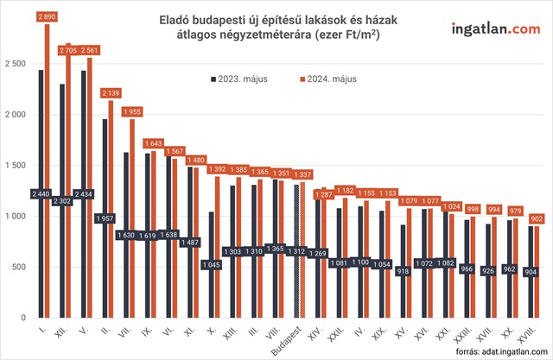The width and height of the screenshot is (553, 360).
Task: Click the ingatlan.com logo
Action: pyautogui.click(x=494, y=30)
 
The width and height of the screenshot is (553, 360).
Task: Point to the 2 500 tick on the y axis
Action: pyautogui.click(x=15, y=64)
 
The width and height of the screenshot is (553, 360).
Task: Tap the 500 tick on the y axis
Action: pyautogui.click(x=19, y=267)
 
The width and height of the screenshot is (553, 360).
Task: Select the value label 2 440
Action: pyautogui.click(x=41, y=193)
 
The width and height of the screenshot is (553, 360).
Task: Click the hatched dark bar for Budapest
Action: pyautogui.click(x=296, y=250)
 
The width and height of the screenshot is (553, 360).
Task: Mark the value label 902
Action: pyautogui.click(x=537, y=218)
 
